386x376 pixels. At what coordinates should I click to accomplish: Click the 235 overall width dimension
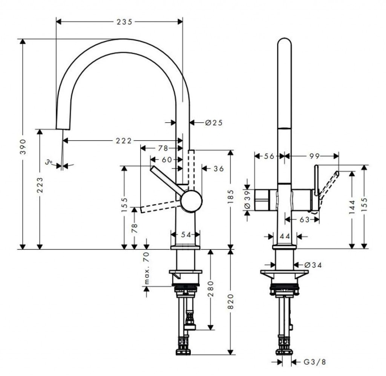click(x=124, y=22)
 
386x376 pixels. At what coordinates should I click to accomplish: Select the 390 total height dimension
click(x=23, y=147)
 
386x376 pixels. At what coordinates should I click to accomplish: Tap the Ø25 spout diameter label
click(x=214, y=122)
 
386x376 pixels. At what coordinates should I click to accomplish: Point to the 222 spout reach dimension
click(x=124, y=141)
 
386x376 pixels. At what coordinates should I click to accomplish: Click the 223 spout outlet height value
click(x=39, y=185)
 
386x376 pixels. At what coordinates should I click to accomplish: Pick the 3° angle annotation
click(x=49, y=162)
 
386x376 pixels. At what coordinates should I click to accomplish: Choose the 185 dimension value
click(x=230, y=196)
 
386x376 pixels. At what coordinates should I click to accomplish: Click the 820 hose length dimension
click(x=230, y=302)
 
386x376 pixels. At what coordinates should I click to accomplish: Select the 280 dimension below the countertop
click(x=211, y=289)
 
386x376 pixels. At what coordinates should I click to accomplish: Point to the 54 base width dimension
click(x=186, y=235)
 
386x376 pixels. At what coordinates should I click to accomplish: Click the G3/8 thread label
click(x=315, y=362)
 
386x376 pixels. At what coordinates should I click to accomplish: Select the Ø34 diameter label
click(x=313, y=265)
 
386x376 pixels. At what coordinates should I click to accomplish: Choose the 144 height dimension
click(x=352, y=207)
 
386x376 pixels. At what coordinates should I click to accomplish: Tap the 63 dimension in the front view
click(x=305, y=219)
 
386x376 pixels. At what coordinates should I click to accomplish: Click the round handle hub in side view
click(x=191, y=201)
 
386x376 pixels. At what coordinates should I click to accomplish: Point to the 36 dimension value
click(x=219, y=169)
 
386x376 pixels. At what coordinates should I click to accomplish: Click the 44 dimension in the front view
click(x=285, y=236)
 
